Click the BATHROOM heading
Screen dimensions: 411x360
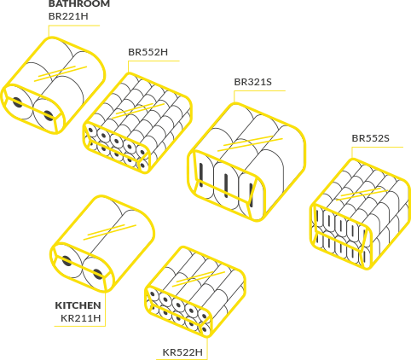pos(79,3)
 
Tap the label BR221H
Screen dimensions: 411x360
pos(68,16)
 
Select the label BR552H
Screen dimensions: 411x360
pos(148,52)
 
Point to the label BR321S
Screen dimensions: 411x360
pos(252,82)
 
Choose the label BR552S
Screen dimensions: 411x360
pos(370,138)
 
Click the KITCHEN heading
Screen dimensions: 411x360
pos(78,305)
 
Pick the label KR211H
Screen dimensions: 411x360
pos(81,318)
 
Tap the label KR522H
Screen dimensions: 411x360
pos(182,352)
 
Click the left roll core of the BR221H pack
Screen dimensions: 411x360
pos(18,102)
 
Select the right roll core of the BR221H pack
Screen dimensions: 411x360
pos(49,115)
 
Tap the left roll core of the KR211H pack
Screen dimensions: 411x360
pos(67,261)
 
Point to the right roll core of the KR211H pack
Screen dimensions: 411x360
pos(98,274)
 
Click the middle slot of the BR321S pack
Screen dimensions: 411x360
pos(226,185)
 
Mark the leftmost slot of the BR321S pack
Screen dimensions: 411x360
pos(201,175)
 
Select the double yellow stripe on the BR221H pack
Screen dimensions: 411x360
pos(61,73)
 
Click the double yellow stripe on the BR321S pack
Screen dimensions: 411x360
pos(250,143)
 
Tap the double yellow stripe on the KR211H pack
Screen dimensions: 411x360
pos(110,232)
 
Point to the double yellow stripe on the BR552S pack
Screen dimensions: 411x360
pos(362,194)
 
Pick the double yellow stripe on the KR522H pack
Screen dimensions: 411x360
pos(199,279)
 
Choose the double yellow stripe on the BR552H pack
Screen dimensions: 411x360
pos(138,111)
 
